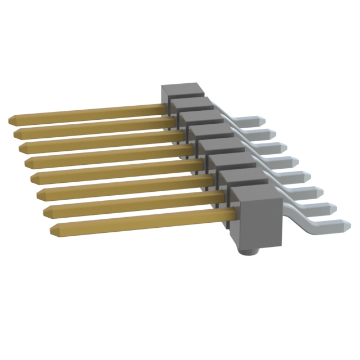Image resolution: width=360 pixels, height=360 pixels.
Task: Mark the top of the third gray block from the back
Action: click(x=201, y=118)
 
